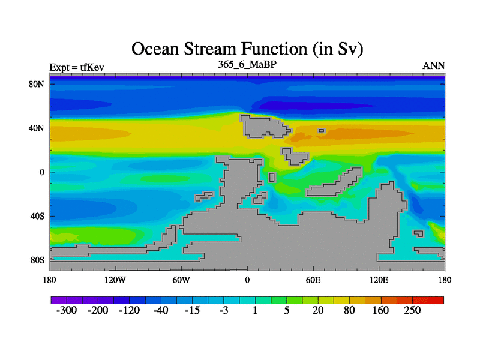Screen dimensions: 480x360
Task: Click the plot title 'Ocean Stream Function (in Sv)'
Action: (x=247, y=49)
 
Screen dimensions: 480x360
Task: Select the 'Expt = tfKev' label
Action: (x=77, y=67)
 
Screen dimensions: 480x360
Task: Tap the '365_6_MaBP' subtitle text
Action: (x=247, y=64)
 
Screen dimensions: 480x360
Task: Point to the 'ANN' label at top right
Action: (x=434, y=65)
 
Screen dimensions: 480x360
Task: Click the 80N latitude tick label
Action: (x=37, y=84)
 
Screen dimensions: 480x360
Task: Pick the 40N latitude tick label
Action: (x=37, y=128)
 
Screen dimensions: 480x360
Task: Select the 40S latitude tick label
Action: (x=37, y=216)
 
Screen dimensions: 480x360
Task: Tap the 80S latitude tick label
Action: (x=37, y=260)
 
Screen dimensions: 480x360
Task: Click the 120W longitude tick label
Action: (x=115, y=280)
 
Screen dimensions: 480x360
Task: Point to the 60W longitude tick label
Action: (x=181, y=280)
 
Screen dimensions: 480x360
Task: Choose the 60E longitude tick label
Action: (x=313, y=280)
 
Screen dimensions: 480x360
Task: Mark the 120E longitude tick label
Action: (x=379, y=280)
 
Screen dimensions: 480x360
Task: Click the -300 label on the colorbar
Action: (x=67, y=310)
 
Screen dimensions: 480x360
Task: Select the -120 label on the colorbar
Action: (x=129, y=310)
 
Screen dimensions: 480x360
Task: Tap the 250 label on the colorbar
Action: (x=412, y=310)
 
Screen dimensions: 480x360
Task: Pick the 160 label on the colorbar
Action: (x=380, y=310)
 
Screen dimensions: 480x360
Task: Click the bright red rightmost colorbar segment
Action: (x=436, y=300)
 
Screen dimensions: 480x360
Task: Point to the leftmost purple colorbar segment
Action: (x=59, y=300)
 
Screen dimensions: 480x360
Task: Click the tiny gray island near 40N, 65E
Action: (x=322, y=131)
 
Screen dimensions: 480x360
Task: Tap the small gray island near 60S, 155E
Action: (x=419, y=233)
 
